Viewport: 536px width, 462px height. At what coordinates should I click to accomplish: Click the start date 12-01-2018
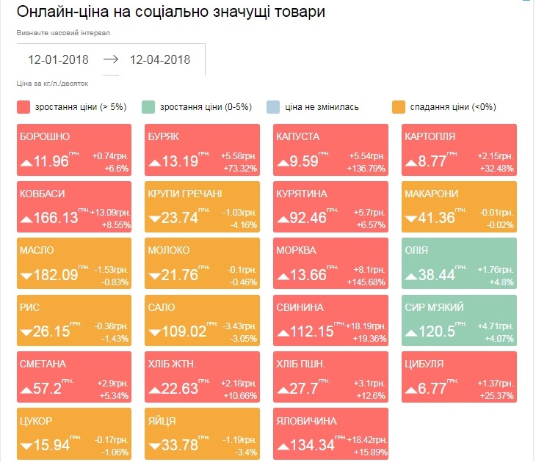tap(59, 60)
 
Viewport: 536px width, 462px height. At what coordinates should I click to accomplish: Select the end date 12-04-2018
tap(159, 60)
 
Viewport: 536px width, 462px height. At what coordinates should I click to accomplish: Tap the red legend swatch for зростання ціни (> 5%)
tap(24, 107)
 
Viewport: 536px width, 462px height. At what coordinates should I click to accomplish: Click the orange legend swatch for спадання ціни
tap(399, 107)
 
